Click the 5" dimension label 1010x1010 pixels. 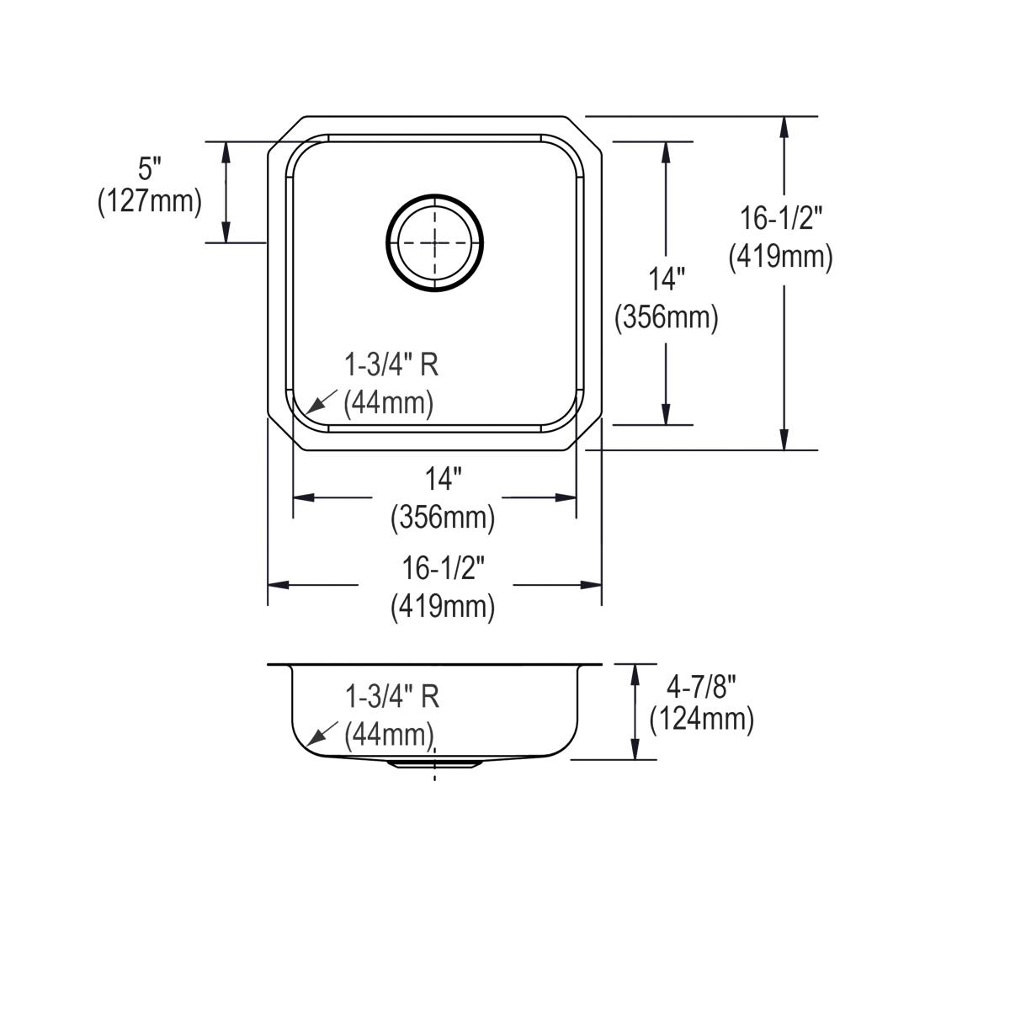coord(150,169)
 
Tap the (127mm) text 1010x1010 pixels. coord(150,202)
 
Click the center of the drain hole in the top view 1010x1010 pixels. coord(435,243)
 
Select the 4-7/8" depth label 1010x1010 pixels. coord(701,688)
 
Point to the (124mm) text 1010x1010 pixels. coord(701,720)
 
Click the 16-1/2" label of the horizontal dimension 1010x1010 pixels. coord(444,569)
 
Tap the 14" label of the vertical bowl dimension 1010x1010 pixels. coord(667,279)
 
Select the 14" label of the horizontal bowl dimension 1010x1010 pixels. coord(443,480)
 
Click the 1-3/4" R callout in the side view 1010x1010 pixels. coord(391,696)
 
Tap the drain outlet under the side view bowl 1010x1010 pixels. coord(434,763)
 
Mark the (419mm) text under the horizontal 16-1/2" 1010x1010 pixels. coord(443,606)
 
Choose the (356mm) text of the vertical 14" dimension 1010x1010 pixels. coord(667,318)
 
